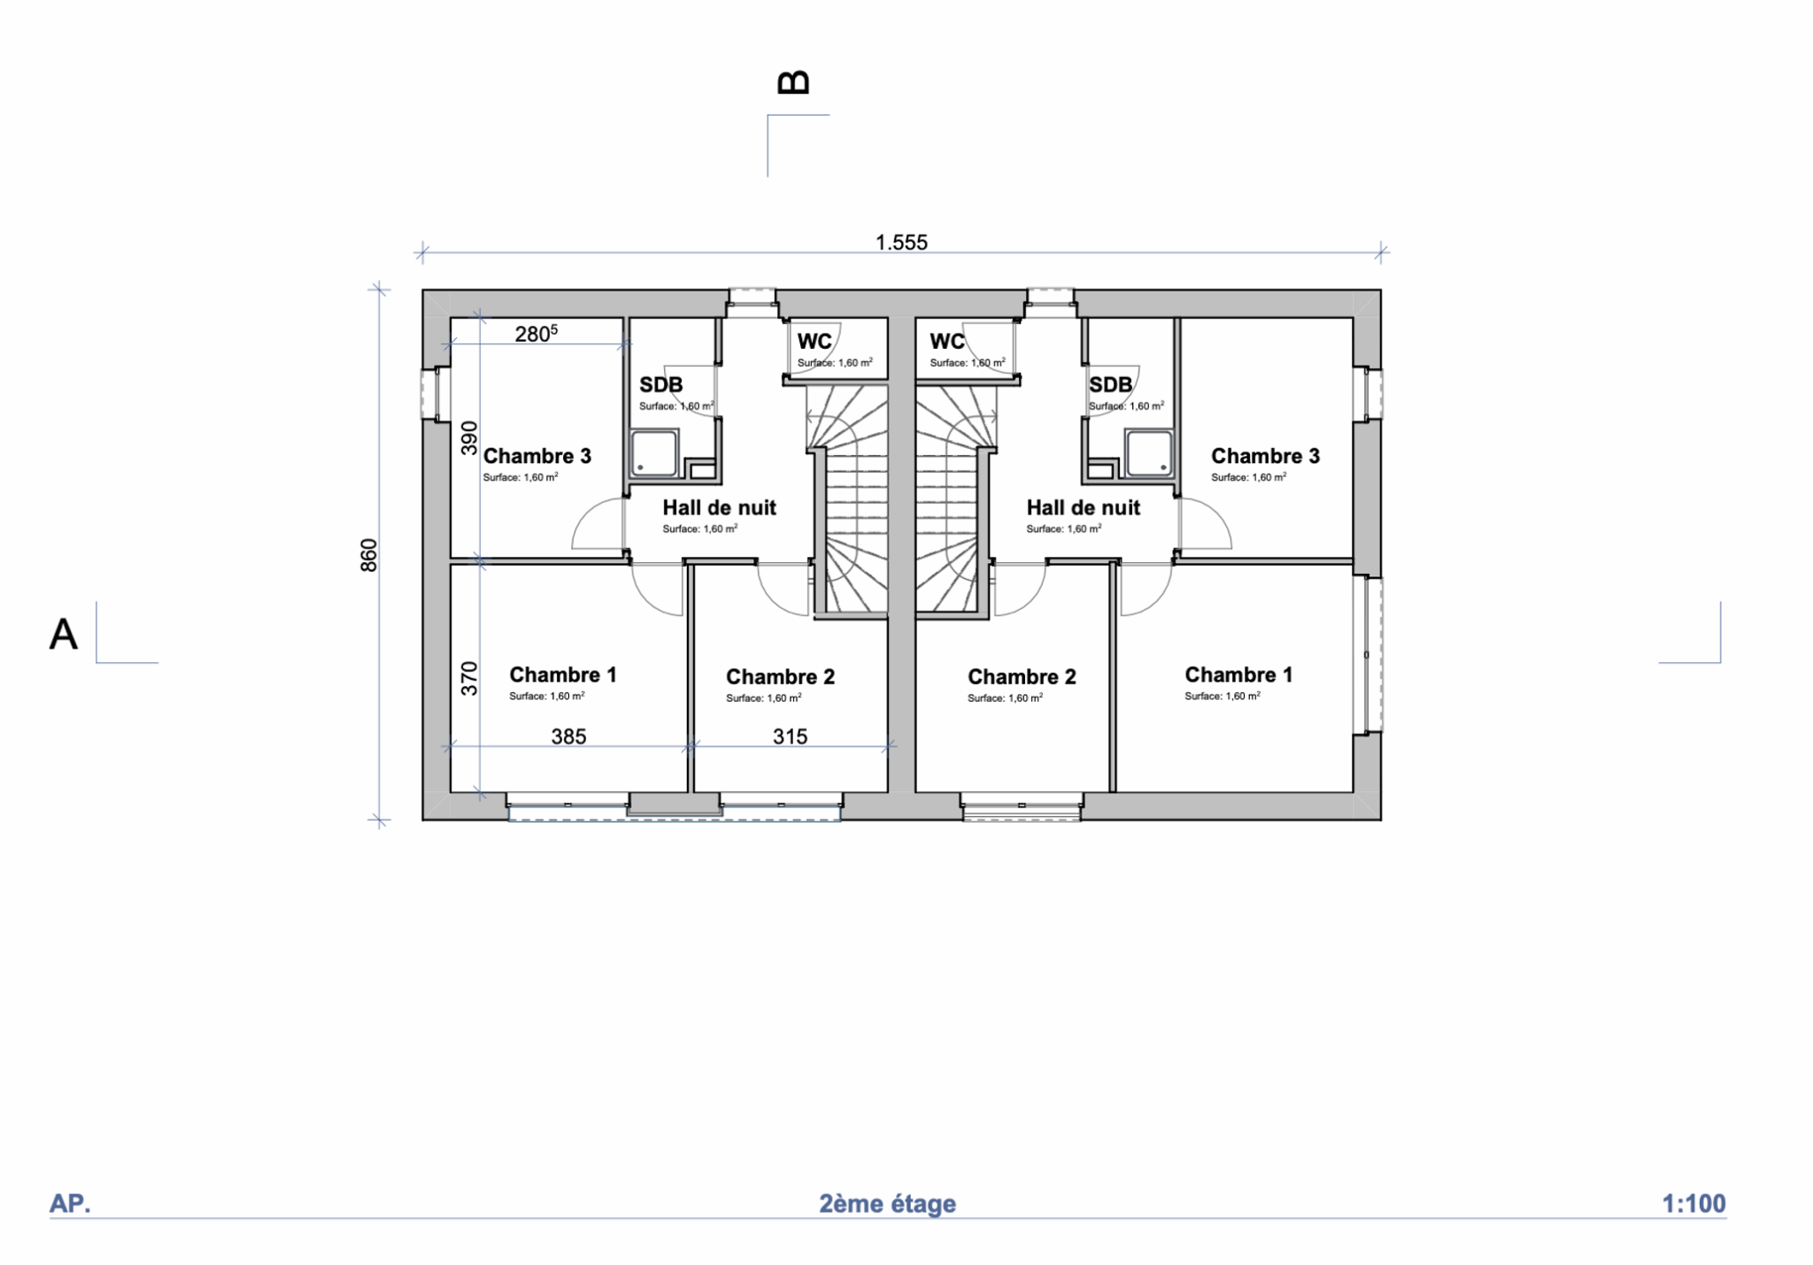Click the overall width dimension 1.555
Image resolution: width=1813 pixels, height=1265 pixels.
pos(901,243)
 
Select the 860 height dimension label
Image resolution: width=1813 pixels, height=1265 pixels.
pos(369,555)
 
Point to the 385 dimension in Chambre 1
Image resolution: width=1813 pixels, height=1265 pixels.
pos(568,737)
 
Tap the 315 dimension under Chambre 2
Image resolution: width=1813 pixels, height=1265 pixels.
pos(790,737)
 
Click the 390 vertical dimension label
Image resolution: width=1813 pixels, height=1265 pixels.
pos(469,438)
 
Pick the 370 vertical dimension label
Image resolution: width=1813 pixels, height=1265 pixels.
pos(469,678)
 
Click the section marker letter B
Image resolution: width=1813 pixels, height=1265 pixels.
pos(793,82)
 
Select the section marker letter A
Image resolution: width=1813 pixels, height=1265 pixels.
pos(63,635)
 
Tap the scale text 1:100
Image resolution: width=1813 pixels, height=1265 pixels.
pos(1693,1204)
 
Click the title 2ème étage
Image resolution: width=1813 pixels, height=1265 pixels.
pos(887,1204)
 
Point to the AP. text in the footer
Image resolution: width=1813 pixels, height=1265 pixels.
pos(70,1204)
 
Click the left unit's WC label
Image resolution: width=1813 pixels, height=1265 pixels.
pos(814,342)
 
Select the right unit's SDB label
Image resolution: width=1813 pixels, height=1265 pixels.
pos(1110,385)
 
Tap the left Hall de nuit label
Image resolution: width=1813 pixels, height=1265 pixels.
pos(719,508)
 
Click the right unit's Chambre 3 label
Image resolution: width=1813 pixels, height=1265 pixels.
pos(1265,456)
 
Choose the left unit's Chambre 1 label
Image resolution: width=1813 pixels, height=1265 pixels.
pos(563,675)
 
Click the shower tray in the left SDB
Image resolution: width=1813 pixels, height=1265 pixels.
pos(654,453)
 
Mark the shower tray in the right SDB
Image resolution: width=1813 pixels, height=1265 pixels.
pos(1149,453)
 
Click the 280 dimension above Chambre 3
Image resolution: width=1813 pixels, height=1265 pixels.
pos(536,334)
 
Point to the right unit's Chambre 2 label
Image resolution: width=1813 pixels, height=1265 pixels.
pos(1022,677)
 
